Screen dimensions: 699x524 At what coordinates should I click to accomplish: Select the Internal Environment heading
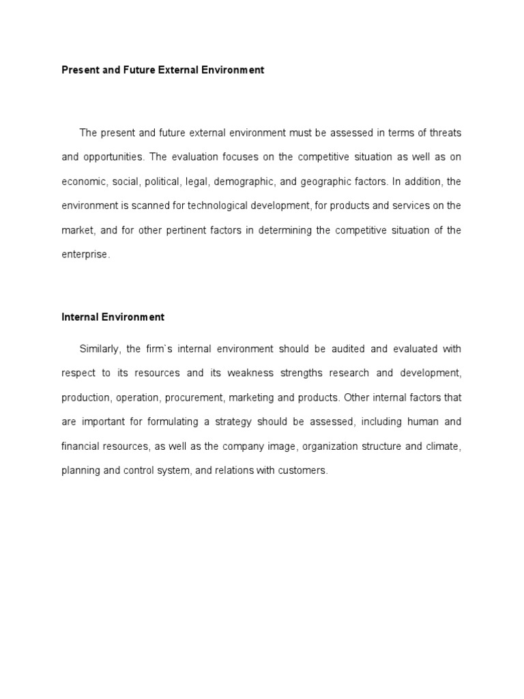(113, 317)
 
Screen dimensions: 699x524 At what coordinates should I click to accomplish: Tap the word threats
(443, 132)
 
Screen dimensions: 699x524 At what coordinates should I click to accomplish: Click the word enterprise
(85, 255)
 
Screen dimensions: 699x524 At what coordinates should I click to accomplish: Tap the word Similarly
(100, 349)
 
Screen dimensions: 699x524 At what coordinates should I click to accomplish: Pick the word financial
(81, 446)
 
